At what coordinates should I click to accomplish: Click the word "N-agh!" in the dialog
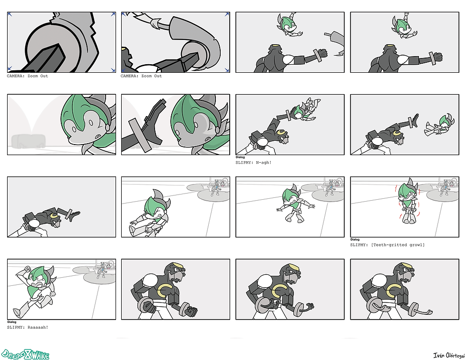(263, 163)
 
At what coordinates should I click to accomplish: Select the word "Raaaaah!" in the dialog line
(38, 327)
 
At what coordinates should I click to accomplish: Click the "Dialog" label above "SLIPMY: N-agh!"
(240, 157)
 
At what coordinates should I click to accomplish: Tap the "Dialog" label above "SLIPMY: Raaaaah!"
(12, 321)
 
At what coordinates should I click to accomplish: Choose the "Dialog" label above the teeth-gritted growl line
(355, 239)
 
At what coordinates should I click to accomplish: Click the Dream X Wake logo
(25, 354)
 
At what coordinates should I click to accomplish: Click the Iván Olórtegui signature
(449, 355)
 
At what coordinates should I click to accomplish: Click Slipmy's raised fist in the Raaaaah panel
(28, 269)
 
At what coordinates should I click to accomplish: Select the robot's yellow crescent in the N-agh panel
(280, 133)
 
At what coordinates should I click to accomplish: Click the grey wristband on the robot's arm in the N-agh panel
(288, 116)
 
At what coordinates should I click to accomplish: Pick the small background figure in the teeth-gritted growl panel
(445, 187)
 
